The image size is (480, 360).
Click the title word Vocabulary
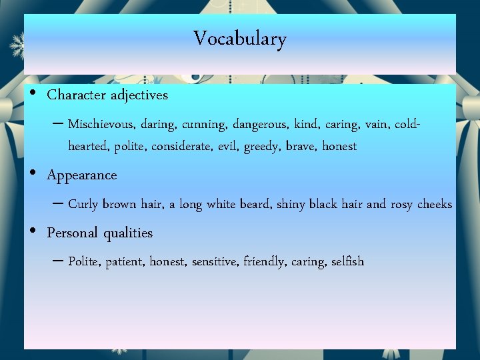coord(240,39)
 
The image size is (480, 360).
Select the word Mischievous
coord(101,125)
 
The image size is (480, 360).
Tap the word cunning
coord(203,125)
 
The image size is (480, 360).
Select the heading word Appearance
coord(82,176)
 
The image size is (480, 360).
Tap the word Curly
coord(83,205)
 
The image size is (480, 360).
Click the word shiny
coord(291,205)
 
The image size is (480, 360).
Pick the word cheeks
coord(434,205)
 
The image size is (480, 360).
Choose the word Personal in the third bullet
coord(71,233)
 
